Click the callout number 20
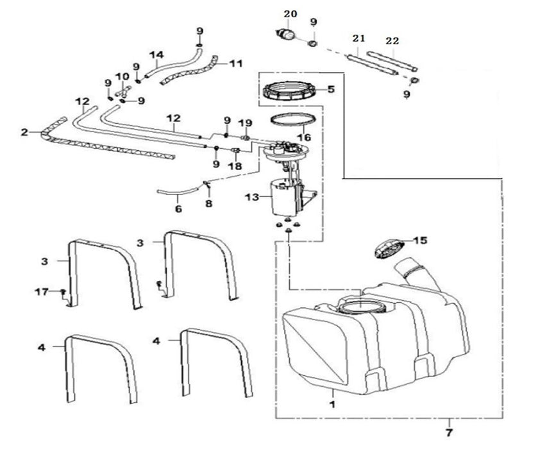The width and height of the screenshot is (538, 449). tap(290, 14)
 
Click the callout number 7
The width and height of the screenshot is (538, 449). tap(449, 432)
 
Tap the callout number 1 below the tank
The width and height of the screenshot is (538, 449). tap(332, 404)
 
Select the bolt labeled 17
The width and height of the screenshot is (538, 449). tap(63, 291)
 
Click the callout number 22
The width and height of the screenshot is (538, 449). tap(392, 41)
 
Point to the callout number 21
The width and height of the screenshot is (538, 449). tap(358, 38)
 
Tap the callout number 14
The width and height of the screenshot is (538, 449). tap(156, 55)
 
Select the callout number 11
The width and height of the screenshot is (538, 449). tap(236, 64)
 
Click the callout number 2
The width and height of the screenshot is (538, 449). tap(24, 132)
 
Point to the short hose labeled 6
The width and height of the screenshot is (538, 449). tap(178, 192)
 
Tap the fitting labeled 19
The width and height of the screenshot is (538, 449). tap(246, 138)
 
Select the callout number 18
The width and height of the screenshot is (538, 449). tap(235, 166)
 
